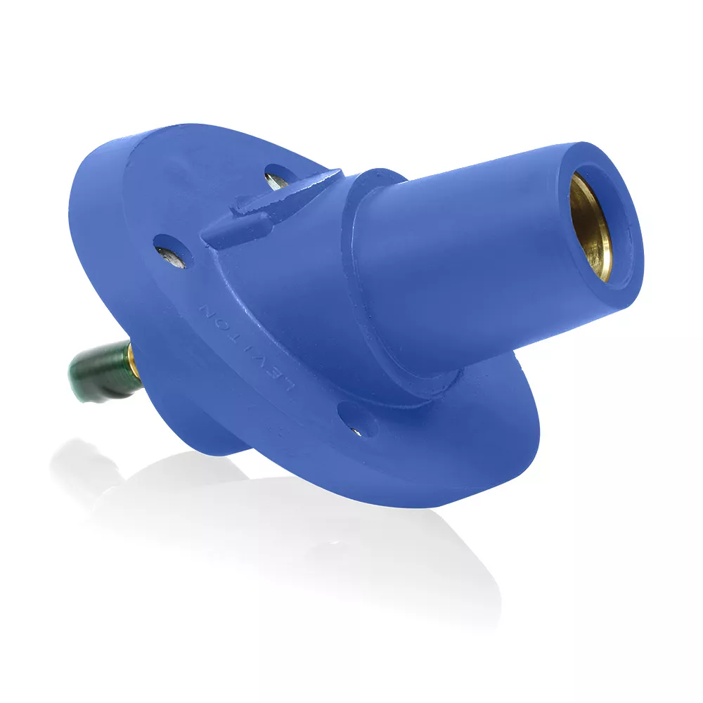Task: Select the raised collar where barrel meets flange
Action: (x=366, y=211)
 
